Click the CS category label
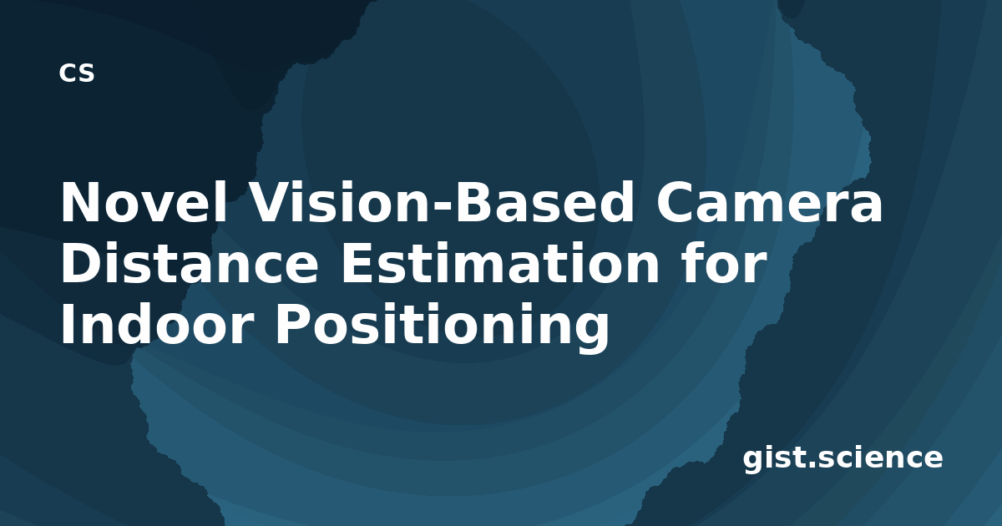click(x=77, y=73)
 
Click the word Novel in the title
click(x=144, y=202)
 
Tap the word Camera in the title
click(x=769, y=202)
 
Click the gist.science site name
click(x=843, y=458)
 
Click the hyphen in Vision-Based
click(x=442, y=206)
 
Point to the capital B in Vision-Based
click(x=474, y=202)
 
